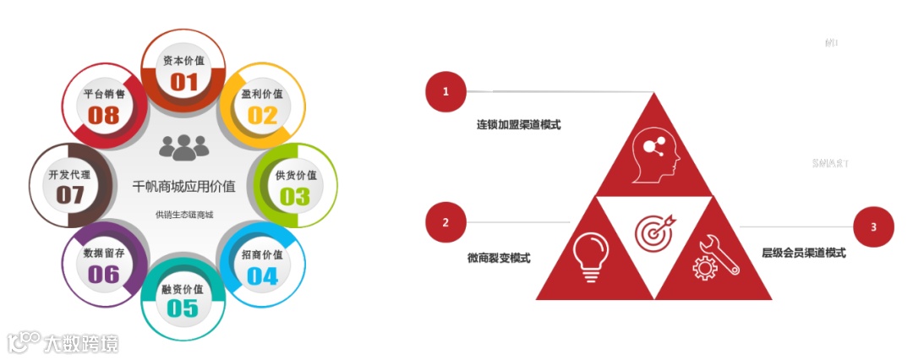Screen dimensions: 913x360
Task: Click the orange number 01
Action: (183, 82)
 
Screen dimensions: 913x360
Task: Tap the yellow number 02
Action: (262, 115)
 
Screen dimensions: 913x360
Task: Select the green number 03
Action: (295, 196)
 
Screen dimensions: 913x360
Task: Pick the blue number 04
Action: (262, 275)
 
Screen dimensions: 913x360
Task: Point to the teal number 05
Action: (183, 308)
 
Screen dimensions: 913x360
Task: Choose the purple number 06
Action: (103, 275)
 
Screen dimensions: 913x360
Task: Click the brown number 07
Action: (71, 195)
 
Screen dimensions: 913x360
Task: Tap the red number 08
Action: (104, 115)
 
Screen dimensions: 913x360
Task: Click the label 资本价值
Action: (183, 61)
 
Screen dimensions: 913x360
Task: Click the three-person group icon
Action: (183, 148)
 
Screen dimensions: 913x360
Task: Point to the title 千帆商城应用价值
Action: (183, 185)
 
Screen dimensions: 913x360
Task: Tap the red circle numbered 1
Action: (446, 91)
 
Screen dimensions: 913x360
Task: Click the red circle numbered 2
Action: (446, 222)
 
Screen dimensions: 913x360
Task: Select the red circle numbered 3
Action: (874, 226)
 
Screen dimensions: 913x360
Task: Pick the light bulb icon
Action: (591, 253)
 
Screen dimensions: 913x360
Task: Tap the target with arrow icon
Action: (655, 230)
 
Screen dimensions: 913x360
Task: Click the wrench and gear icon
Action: (715, 257)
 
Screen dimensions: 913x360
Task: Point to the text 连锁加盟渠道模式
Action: (518, 124)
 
